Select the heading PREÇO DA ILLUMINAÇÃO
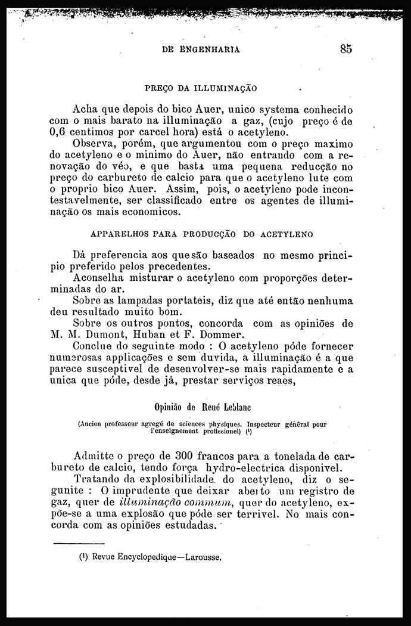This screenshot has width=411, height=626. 201,88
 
